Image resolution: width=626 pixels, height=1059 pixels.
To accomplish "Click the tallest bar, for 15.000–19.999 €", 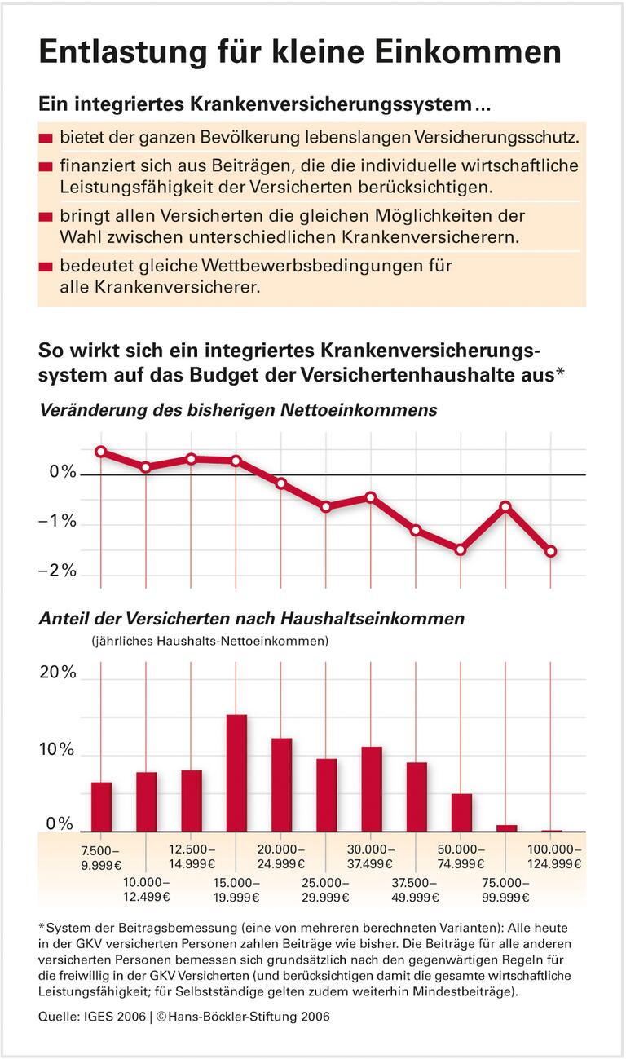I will (x=236, y=773).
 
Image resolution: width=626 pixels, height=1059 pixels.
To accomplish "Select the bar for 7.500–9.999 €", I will (x=101, y=807).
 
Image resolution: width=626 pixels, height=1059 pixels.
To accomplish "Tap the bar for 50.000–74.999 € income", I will (x=461, y=813).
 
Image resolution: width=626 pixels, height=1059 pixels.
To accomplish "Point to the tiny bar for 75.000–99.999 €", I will (x=506, y=828).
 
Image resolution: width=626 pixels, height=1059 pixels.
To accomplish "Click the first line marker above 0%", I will (x=101, y=452).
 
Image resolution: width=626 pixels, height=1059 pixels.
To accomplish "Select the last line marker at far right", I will (x=551, y=552).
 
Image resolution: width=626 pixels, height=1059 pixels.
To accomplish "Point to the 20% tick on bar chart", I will (x=58, y=673).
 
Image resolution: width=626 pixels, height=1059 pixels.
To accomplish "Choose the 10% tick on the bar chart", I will (x=58, y=750).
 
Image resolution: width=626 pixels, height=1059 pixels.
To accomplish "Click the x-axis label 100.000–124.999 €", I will (x=552, y=856).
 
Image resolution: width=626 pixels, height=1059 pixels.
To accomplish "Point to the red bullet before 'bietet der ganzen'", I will (x=46, y=136).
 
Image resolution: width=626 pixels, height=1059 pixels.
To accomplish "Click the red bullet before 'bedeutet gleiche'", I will (x=46, y=267).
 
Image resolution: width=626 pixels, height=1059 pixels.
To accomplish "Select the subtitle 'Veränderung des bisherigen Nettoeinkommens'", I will (x=238, y=410).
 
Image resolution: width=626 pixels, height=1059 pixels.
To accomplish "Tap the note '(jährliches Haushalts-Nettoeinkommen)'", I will (x=209, y=641).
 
